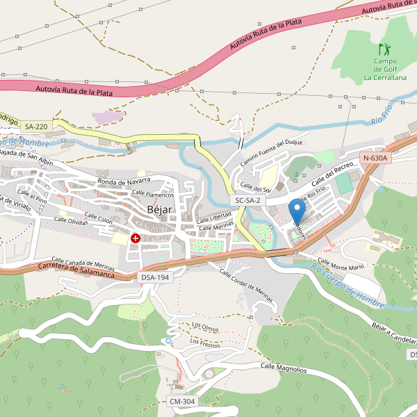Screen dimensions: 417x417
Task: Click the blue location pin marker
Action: coord(297,211)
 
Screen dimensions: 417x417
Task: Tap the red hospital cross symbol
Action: coord(136,238)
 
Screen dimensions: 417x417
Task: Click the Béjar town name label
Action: coord(159,209)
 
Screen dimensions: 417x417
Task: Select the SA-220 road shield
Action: coord(36,126)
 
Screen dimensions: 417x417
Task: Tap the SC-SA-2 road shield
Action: coord(247,200)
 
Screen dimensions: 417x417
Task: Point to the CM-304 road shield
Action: coord(182,402)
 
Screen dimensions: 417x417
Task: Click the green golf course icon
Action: coord(384,49)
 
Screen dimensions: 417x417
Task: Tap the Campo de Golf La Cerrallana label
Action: coord(385,69)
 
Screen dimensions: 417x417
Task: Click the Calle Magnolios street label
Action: coord(284,368)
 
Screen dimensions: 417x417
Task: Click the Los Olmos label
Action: coord(206,326)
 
